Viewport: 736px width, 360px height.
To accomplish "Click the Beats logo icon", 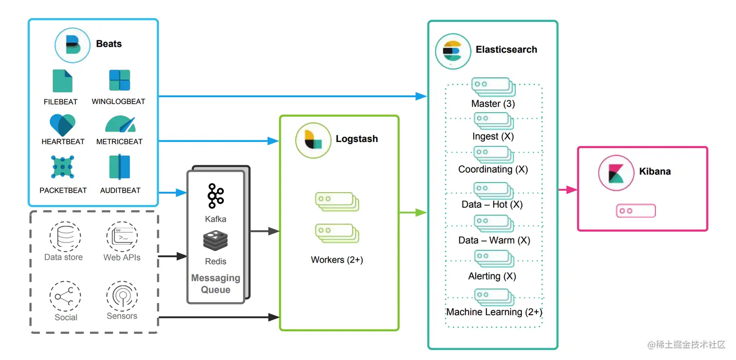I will [x=72, y=45].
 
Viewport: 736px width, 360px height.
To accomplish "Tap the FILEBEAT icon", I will [x=62, y=81].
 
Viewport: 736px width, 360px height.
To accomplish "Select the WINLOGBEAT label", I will [x=118, y=102].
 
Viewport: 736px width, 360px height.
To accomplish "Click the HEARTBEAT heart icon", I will [x=62, y=125].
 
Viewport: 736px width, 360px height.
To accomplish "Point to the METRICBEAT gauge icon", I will [x=120, y=124].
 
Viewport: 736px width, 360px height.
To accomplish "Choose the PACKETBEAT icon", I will [x=62, y=167].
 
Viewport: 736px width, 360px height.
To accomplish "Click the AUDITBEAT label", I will [x=120, y=190].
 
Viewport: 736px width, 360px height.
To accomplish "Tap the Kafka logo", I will [x=215, y=196].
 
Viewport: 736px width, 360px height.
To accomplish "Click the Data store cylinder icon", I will [x=64, y=237].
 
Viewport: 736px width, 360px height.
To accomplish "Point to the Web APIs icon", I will [x=122, y=237].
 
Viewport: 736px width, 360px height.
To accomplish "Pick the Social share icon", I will [x=64, y=296].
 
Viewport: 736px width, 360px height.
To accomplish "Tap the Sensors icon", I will [x=122, y=296].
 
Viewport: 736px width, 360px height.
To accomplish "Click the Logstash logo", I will [x=313, y=140].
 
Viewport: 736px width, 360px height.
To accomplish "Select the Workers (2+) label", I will [x=337, y=260].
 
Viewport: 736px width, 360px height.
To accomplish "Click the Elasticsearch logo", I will [x=453, y=51].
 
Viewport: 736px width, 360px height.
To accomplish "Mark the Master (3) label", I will [x=493, y=104].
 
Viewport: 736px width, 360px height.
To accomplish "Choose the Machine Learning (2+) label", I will [x=494, y=312].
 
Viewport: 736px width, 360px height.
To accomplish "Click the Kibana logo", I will [x=616, y=173].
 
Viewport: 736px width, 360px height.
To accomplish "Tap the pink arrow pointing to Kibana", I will [x=568, y=190].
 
